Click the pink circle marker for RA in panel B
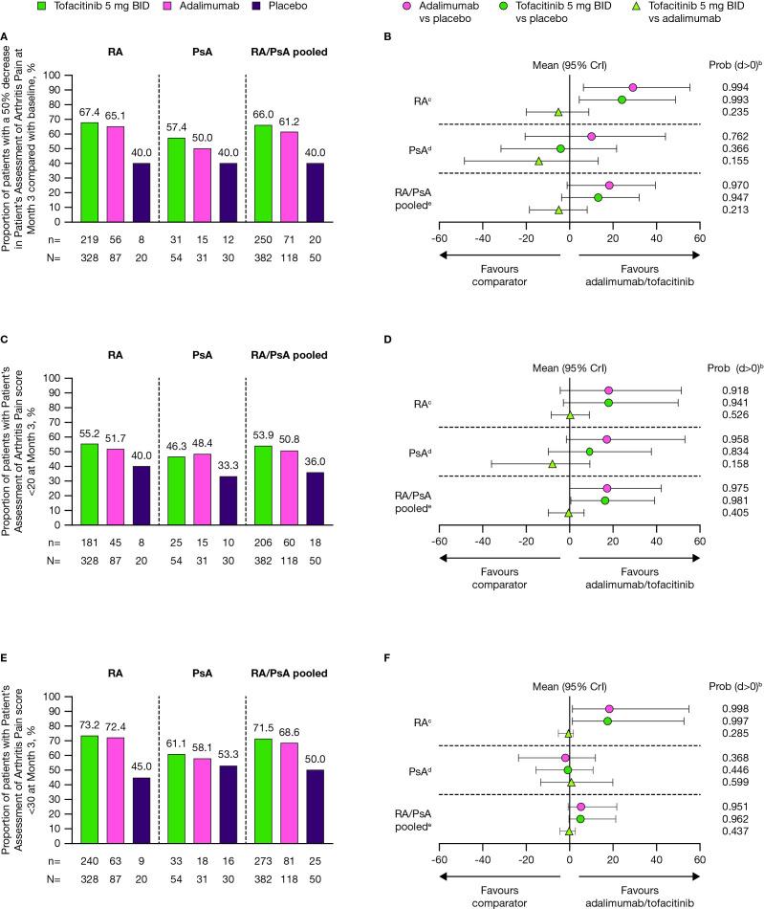pyautogui.click(x=633, y=87)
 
